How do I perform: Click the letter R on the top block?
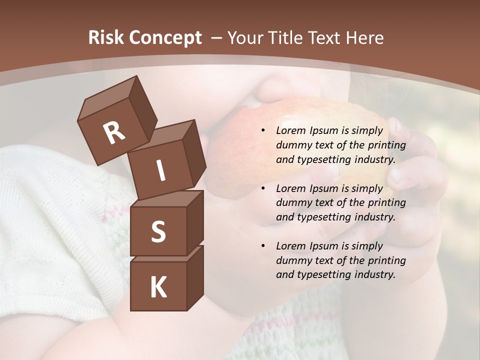point(114,132)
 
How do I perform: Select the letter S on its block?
point(158,232)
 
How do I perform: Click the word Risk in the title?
point(106,37)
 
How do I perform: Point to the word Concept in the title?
point(165,38)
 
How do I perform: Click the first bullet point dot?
point(263,130)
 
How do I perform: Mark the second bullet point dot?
point(263,188)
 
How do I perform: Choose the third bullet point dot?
point(263,246)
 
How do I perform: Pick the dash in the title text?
point(216,37)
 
